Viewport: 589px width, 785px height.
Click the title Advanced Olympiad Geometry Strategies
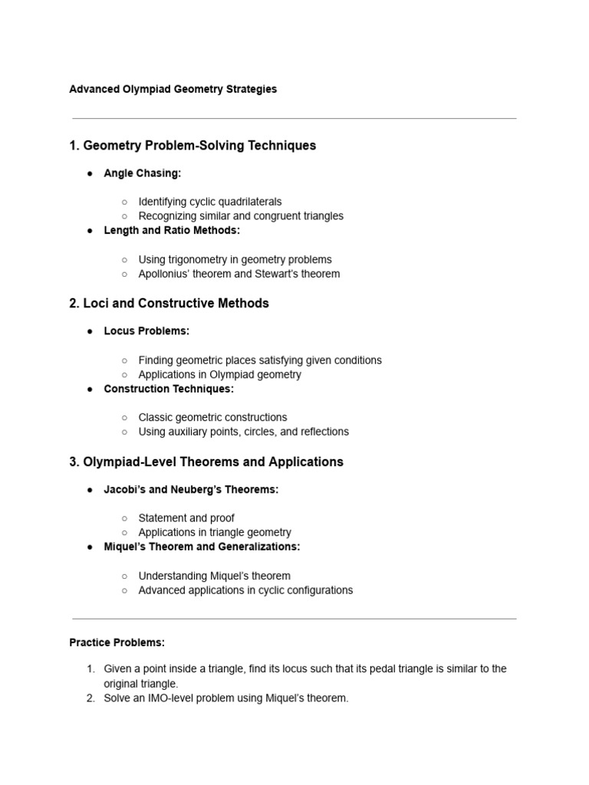pos(173,89)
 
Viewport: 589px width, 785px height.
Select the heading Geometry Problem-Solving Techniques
pos(192,146)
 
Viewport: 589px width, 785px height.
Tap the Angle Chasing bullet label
pos(143,173)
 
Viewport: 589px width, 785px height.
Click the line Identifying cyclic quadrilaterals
pos(210,202)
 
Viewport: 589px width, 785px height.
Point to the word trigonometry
pos(205,259)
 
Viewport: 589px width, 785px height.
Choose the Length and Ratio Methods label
pos(172,230)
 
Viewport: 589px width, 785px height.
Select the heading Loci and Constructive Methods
pos(169,304)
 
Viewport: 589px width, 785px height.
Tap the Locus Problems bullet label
pos(146,331)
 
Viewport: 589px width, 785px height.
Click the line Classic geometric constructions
pos(212,417)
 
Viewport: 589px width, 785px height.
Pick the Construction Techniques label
pos(169,389)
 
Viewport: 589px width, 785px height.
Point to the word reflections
pos(322,432)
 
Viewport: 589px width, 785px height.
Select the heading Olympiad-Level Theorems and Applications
pos(206,462)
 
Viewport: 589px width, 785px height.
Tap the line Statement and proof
pos(186,517)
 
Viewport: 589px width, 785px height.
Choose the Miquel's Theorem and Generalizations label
pos(202,547)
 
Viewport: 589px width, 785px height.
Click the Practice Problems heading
pos(117,642)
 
